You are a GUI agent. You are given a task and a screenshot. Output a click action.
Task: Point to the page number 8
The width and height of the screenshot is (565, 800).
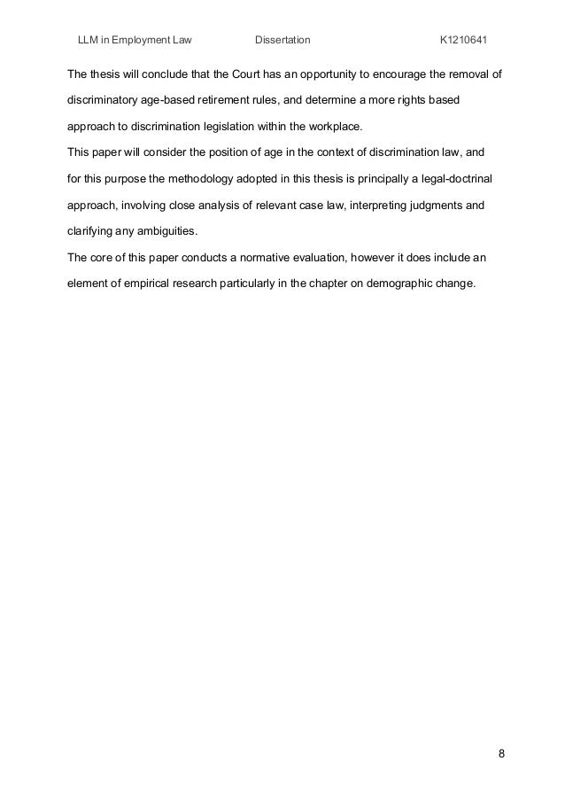501,755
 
